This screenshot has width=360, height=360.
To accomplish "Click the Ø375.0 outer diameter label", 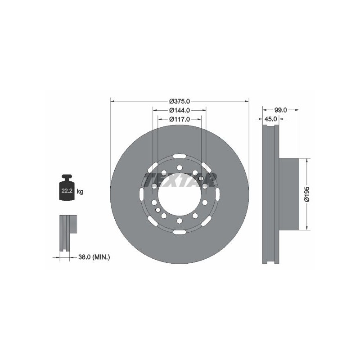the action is pos(180,101).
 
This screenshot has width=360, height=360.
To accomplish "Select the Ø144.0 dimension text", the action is pos(180,110).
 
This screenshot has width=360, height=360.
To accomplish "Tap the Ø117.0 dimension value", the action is pos(180,119).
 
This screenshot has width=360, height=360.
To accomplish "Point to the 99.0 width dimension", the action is pos(281,110).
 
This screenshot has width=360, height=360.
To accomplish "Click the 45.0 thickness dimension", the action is pos(271,119).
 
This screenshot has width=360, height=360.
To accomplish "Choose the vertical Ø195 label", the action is pos(307,194).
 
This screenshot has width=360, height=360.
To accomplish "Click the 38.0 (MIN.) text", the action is pos(94,257).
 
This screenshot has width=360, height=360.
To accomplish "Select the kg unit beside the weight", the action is pos(80,191).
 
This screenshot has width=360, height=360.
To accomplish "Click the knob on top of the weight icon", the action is pos(67,177).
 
